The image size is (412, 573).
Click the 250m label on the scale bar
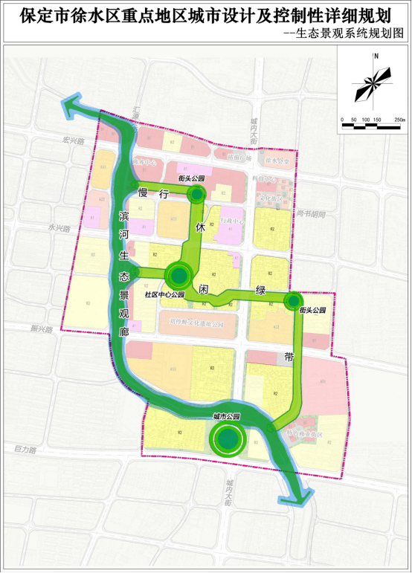399,119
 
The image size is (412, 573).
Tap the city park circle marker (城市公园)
227,439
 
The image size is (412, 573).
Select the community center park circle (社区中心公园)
179,276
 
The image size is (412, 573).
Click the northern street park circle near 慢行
196,195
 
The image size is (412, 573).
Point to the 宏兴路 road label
74,140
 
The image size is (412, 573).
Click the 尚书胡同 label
310,213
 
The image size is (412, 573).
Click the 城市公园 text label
226,418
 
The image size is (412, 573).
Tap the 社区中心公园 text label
164,294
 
